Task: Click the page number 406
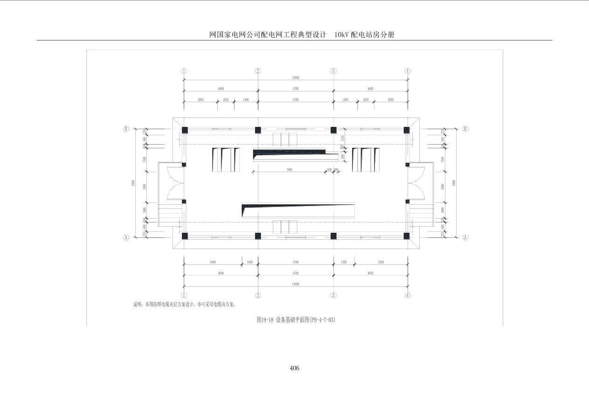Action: (x=294, y=368)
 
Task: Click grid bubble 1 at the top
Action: (x=184, y=71)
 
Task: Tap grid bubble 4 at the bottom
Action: (x=408, y=295)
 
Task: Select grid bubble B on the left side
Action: (x=126, y=129)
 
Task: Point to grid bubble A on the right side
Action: (x=465, y=237)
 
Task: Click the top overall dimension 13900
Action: (x=296, y=78)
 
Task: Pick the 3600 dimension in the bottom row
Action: (x=213, y=262)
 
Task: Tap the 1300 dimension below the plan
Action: (x=344, y=262)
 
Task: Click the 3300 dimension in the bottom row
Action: (x=381, y=262)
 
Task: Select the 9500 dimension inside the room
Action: (x=289, y=170)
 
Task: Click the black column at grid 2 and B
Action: (x=258, y=130)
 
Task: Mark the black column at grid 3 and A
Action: (x=333, y=236)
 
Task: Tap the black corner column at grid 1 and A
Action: (x=185, y=236)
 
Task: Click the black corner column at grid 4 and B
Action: (x=407, y=130)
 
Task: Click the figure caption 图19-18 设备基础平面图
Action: (x=296, y=320)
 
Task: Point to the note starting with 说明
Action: (x=185, y=305)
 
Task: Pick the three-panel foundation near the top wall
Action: (x=285, y=139)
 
